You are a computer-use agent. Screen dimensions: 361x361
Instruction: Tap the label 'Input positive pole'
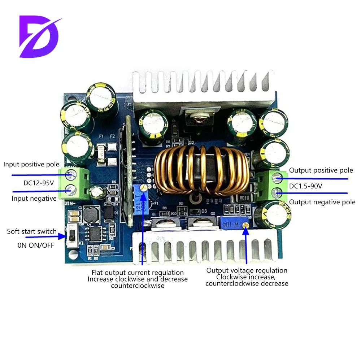pos(31,165)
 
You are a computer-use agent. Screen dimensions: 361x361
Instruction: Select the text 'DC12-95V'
pos(39,183)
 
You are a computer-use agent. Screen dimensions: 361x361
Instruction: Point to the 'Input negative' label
pos(34,198)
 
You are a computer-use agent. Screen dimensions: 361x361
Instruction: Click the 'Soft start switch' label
pos(32,231)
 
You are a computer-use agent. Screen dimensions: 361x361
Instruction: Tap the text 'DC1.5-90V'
pos(306,186)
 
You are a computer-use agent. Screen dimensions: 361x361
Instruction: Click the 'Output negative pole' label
pos(322,202)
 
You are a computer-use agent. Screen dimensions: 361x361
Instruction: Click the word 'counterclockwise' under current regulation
pos(138,286)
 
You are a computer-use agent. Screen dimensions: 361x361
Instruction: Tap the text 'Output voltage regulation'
pos(247,270)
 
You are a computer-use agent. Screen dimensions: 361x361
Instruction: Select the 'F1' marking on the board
pos(102,136)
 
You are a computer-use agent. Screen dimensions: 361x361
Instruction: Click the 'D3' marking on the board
pos(204,211)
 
